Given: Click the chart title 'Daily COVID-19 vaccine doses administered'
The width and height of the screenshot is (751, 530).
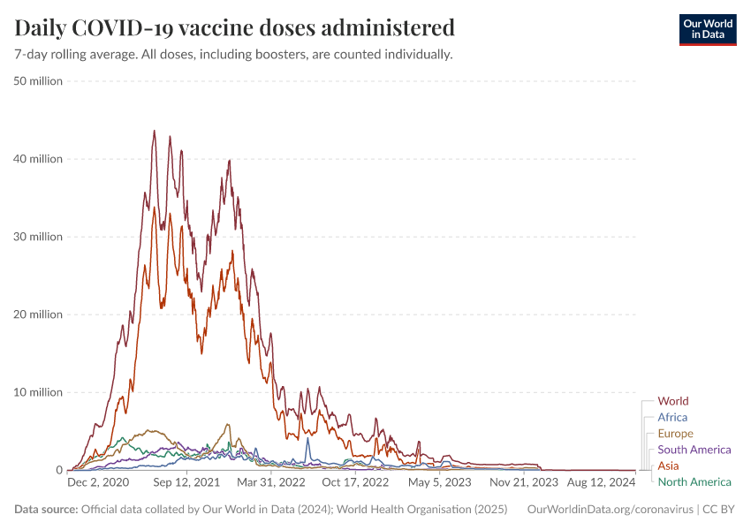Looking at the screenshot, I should (x=235, y=28).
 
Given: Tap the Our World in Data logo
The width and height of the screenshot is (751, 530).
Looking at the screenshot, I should (x=707, y=29).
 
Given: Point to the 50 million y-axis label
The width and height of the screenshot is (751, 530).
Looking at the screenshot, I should (x=38, y=81).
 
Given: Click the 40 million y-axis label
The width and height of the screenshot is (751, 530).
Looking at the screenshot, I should (x=38, y=159).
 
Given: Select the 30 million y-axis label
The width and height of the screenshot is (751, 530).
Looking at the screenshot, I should (x=38, y=237).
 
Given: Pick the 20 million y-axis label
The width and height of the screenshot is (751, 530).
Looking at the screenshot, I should (x=38, y=314).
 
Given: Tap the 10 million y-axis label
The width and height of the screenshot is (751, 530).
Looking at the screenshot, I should (x=38, y=392).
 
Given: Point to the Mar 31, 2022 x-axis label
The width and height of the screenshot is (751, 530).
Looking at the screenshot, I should (x=270, y=483).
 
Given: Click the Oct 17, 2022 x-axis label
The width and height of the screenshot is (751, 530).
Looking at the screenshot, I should (x=355, y=483).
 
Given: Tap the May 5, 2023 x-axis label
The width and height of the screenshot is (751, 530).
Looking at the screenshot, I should (x=441, y=483).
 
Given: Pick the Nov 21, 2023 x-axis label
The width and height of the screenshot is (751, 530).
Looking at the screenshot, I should (x=525, y=483).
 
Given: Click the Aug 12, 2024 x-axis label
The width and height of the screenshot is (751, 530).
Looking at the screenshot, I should (x=601, y=483).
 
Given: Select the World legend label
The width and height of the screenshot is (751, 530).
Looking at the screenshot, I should (x=673, y=401).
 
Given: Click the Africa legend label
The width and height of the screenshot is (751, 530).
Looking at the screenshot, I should (x=672, y=417).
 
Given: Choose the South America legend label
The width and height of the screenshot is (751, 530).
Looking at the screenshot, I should (x=694, y=450).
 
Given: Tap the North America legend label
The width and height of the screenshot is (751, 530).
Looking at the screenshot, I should (x=694, y=481).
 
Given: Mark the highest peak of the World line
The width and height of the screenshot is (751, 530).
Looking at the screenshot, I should (x=154, y=131).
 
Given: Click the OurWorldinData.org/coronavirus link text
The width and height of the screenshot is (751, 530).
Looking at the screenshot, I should (x=609, y=509).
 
